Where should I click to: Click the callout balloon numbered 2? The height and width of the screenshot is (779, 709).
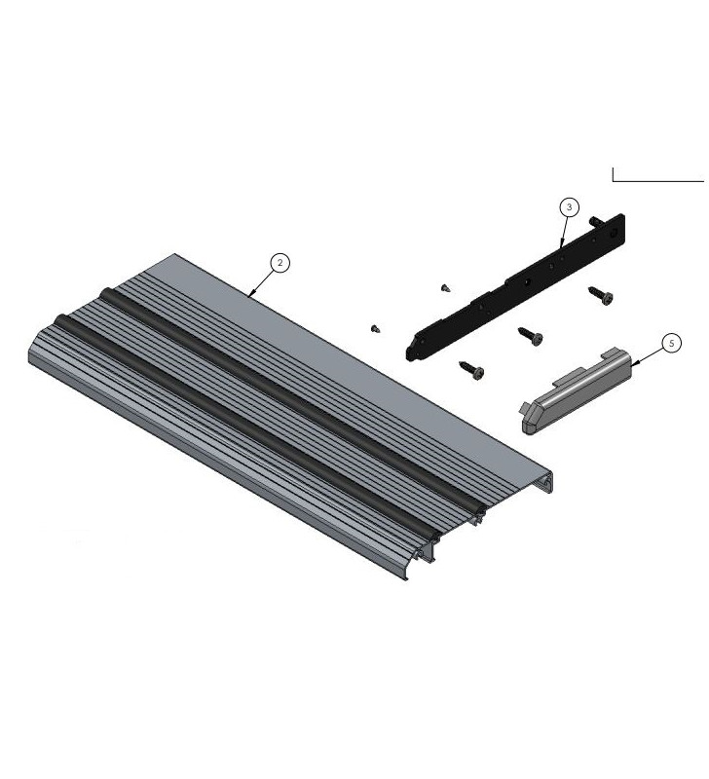[x=280, y=263]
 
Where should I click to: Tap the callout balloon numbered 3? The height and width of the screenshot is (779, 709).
[x=569, y=206]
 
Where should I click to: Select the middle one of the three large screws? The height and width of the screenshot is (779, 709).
[x=531, y=336]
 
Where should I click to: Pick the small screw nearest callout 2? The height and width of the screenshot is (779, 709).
[x=445, y=287]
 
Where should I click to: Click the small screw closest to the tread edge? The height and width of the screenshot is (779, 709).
[x=375, y=329]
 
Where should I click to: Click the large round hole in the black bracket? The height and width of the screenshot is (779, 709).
[x=528, y=281]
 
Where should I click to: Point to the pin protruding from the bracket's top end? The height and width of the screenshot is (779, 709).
[x=593, y=221]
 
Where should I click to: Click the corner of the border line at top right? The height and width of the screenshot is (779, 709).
[x=613, y=181]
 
